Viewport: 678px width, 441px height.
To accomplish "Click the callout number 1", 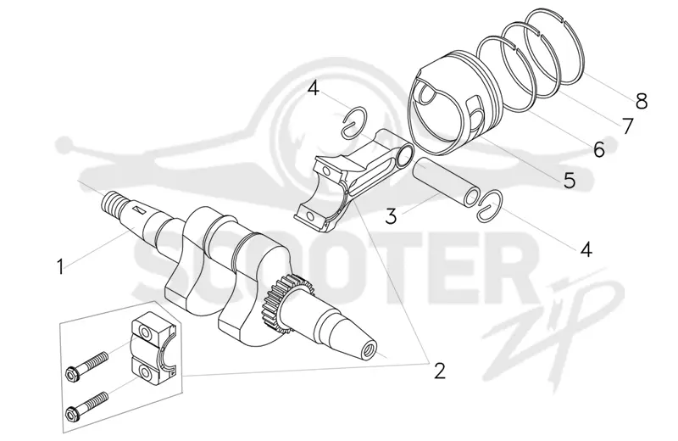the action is coord(60,266).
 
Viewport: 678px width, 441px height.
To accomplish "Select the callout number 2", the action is coord(439,371).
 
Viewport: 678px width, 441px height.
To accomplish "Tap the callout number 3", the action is coord(391,216).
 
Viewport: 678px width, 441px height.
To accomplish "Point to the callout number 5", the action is coord(570,180).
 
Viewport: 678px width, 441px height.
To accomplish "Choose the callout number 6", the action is coord(599,150).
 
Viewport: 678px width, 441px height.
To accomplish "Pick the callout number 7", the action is coord(627,126).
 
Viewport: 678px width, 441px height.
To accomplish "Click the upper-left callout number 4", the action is coord(314,89).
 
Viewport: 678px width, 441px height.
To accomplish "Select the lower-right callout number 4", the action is coord(586,249).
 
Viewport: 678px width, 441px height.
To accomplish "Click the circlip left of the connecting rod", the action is coord(354,121).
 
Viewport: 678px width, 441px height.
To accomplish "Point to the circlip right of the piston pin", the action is coord(490,204).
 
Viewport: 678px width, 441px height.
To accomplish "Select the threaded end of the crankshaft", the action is coord(114,202).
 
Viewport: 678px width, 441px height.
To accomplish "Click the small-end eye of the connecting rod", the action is coord(404,156).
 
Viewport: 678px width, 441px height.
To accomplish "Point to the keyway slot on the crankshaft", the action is coord(139,210).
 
